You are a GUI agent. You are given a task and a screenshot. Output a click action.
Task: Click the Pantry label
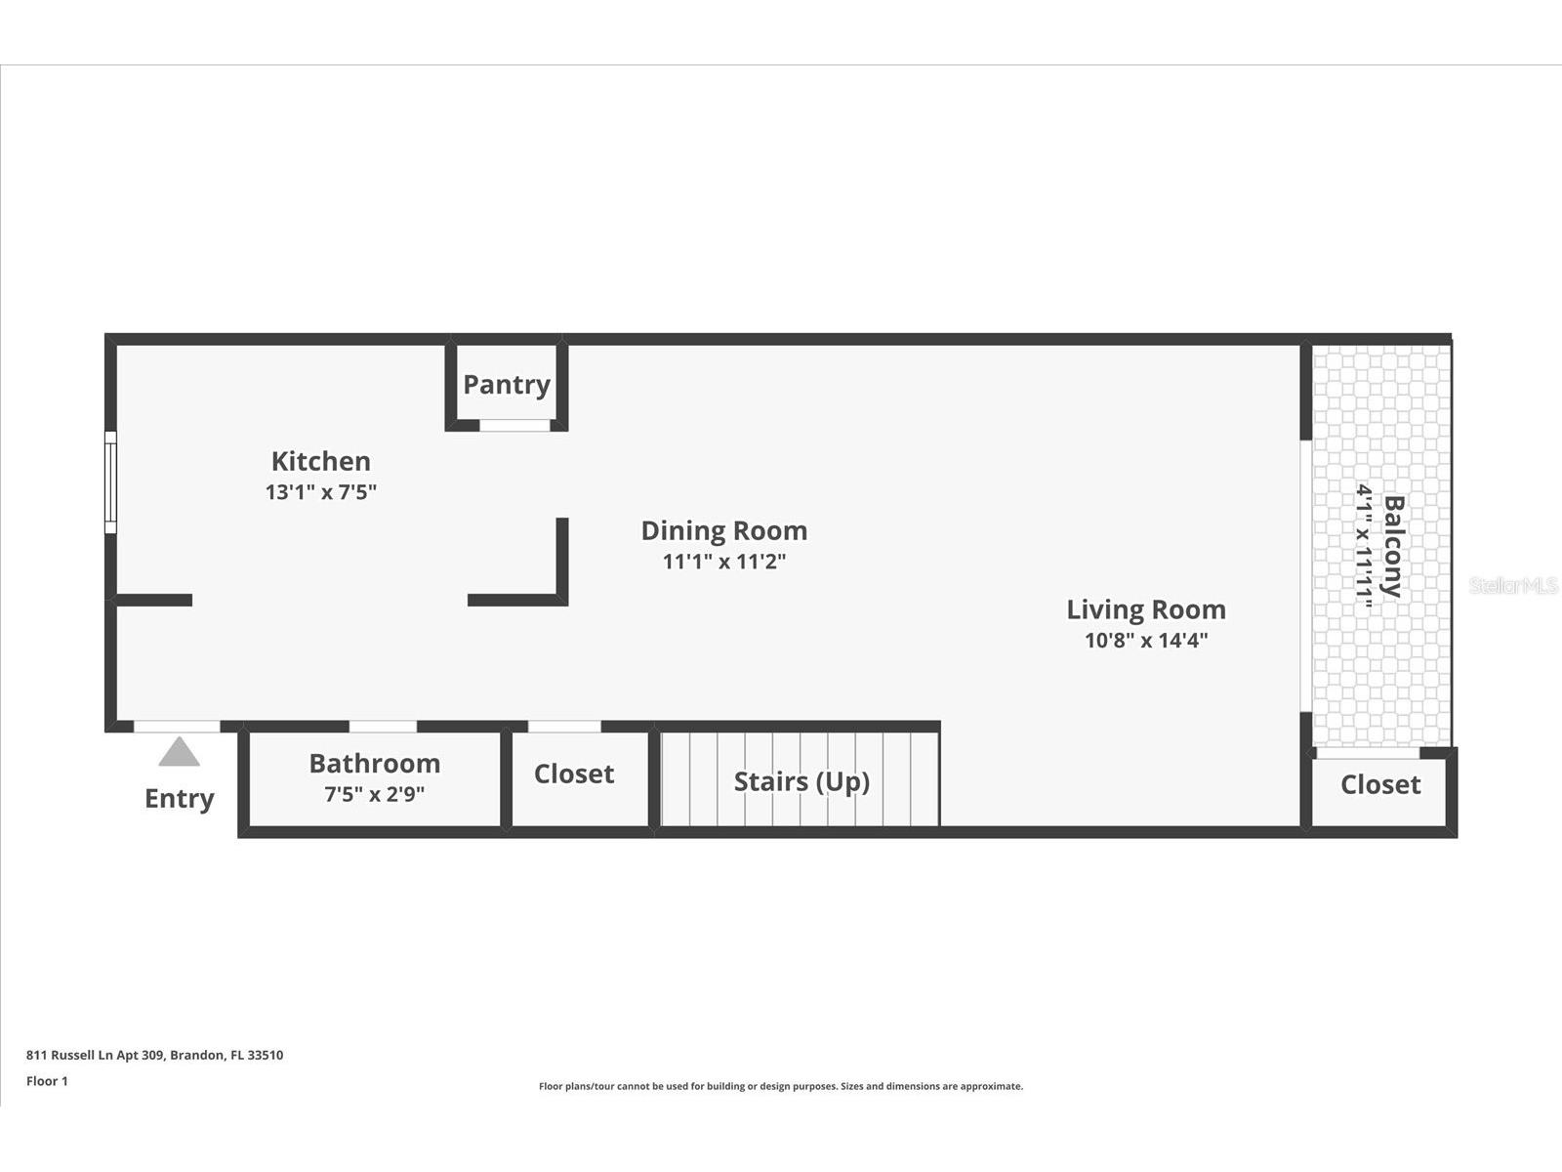[x=506, y=385]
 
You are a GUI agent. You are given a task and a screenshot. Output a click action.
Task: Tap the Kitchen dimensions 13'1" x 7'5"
[x=321, y=491]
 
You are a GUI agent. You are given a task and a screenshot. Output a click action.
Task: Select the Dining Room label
[x=723, y=530]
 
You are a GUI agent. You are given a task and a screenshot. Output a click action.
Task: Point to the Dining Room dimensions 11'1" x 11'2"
[x=723, y=562]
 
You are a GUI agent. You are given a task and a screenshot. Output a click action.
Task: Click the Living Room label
[x=1145, y=609]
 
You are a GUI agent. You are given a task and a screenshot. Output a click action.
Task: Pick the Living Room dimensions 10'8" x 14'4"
[x=1146, y=641]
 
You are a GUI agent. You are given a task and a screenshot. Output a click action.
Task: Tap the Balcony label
[x=1393, y=546]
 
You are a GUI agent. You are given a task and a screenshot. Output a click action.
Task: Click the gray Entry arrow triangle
[x=180, y=752]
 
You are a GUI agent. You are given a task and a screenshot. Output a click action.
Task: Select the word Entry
[x=180, y=798]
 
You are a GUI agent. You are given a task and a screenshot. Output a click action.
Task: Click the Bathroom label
[x=374, y=763]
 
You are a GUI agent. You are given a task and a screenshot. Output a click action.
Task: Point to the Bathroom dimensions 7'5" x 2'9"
[x=374, y=794]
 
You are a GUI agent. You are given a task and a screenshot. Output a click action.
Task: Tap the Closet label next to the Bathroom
[x=573, y=774]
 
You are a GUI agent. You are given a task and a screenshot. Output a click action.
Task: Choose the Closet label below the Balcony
[x=1379, y=784]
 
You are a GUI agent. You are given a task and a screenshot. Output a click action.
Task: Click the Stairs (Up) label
[x=802, y=781]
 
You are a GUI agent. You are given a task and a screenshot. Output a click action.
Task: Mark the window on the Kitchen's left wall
[x=110, y=482]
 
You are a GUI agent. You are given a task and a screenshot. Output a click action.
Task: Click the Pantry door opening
[x=514, y=425]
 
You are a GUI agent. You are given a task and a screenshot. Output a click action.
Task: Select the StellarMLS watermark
[x=1513, y=586]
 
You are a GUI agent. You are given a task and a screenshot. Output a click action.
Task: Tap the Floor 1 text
[x=47, y=1081]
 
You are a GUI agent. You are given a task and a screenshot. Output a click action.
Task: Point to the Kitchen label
[x=321, y=461]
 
